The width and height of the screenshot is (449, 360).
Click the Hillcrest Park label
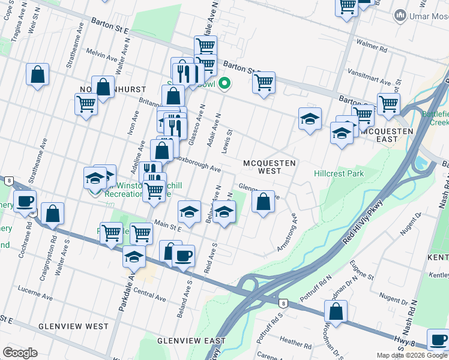tap(339, 173)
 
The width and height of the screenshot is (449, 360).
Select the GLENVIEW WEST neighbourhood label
tap(73, 326)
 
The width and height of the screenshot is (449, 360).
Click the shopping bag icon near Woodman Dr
tap(336, 311)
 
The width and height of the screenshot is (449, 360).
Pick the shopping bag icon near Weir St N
tap(37, 74)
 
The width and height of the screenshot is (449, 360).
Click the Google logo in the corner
tap(20, 353)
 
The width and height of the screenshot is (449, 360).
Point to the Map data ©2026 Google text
tap(412, 355)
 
